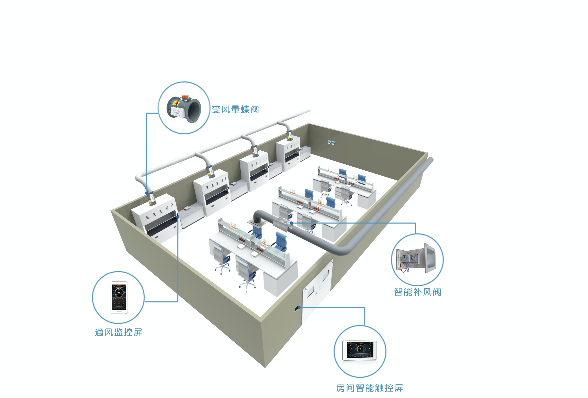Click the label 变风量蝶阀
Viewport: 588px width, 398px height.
point(235,109)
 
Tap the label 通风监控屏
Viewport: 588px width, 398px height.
point(118,332)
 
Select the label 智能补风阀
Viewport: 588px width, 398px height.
point(417,292)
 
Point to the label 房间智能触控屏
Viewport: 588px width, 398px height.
point(369,388)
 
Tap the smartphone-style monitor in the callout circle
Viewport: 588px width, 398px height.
point(119,297)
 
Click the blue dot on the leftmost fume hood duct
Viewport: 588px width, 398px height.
point(147,193)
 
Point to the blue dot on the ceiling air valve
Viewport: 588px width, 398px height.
point(291,223)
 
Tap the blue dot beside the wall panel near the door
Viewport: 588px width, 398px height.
point(299,307)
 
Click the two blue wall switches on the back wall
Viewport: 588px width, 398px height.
point(331,143)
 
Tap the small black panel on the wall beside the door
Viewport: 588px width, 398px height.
point(296,308)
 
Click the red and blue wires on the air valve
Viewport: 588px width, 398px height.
point(405,267)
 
